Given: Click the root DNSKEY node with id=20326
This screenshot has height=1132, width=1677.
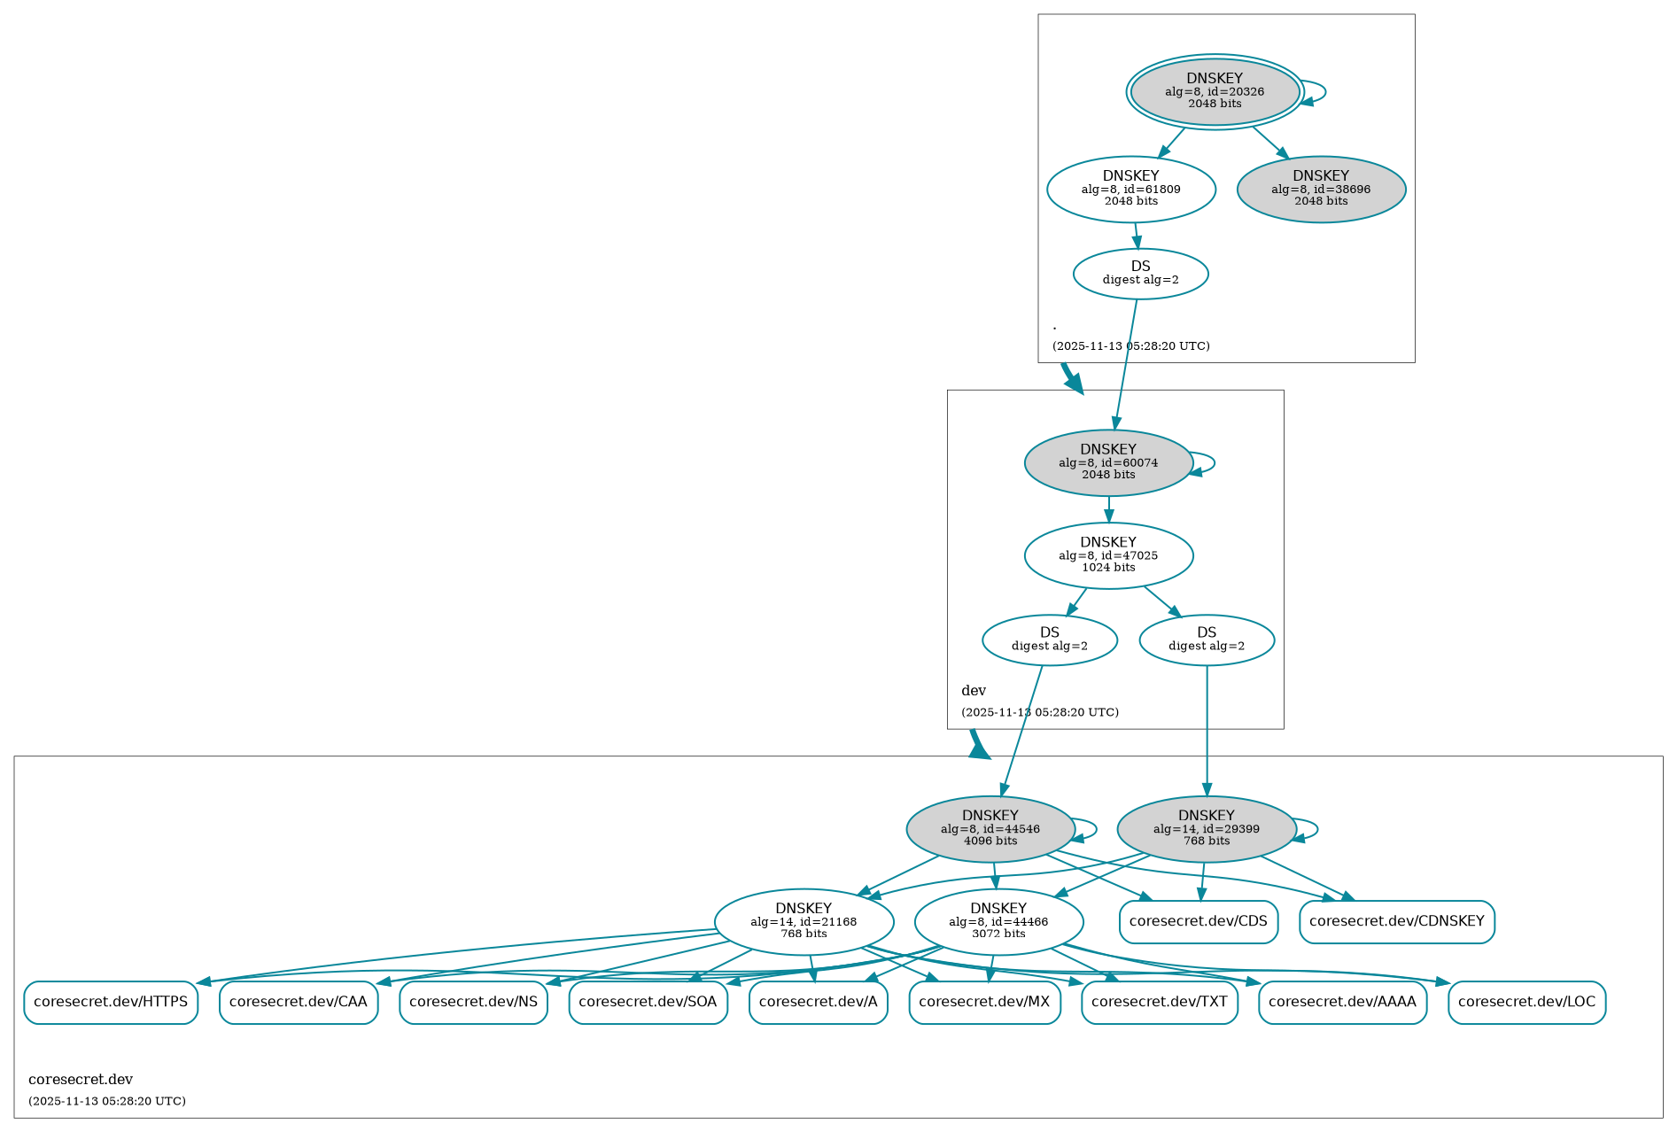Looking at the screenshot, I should click(x=1215, y=91).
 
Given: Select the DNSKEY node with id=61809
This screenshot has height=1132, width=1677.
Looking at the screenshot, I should click(x=1130, y=189).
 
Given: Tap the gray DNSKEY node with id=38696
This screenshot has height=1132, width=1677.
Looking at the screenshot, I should click(x=1321, y=189).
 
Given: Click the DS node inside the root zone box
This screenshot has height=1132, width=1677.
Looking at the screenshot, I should click(x=1140, y=274).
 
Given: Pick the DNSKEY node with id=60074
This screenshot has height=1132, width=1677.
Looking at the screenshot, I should click(x=1107, y=462).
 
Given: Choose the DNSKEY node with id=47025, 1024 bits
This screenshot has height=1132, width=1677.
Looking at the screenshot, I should click(x=1107, y=555).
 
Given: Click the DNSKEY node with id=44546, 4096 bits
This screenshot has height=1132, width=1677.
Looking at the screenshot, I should click(x=990, y=829).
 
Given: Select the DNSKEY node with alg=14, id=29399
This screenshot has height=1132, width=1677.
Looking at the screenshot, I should click(x=1206, y=829).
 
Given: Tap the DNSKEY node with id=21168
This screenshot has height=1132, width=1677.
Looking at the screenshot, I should click(x=804, y=922).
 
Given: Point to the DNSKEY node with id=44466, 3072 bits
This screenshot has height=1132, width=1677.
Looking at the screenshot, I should click(x=998, y=922).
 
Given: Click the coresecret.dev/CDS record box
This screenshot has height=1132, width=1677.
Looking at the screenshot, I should click(x=1198, y=922).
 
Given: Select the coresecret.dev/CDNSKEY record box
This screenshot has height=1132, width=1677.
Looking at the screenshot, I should click(x=1396, y=922).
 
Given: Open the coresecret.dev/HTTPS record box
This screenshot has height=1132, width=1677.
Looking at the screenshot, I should click(x=111, y=1003).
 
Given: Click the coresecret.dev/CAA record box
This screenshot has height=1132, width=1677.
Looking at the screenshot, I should click(x=299, y=1003).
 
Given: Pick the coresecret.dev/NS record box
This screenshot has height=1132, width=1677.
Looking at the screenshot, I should click(x=473, y=1003).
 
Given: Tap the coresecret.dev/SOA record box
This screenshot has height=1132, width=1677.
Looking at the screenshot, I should click(x=648, y=1003).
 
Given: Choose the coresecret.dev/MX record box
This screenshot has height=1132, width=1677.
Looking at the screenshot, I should click(x=984, y=1003).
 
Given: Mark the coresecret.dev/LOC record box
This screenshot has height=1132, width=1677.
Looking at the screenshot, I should click(x=1526, y=1003).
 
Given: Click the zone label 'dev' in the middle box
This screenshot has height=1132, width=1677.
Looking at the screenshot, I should click(x=974, y=691).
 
